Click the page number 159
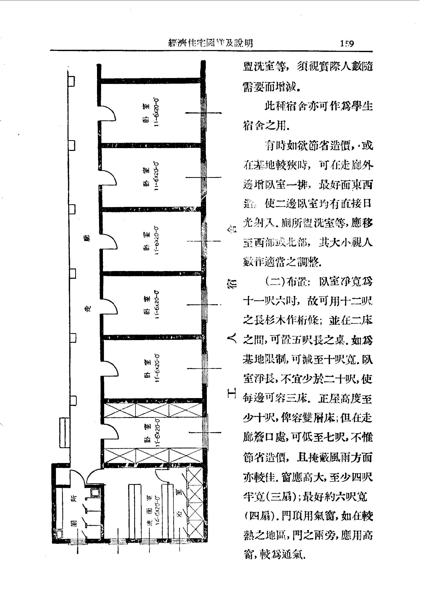[x=347, y=43]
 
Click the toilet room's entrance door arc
[x=77, y=477]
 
